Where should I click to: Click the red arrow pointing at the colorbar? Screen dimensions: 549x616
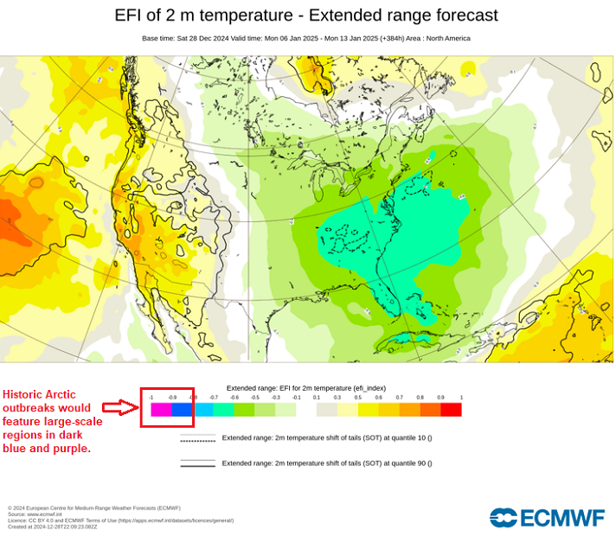point(120,407)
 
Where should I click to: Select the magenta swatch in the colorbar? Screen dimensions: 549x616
point(161,410)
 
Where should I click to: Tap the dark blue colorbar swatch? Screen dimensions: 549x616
point(182,410)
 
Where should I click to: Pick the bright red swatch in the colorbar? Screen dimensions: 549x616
point(451,410)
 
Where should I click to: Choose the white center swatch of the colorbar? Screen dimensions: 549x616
point(306,410)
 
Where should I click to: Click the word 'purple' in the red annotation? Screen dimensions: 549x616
point(71,450)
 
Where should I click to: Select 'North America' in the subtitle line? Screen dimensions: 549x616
point(447,38)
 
